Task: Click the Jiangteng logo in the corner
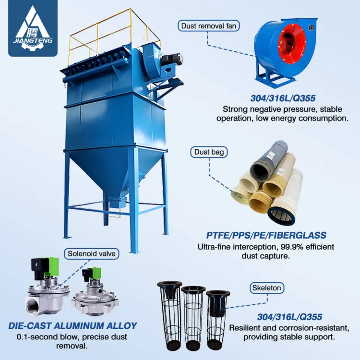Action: coord(33,28)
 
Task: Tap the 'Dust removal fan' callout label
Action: coord(209,26)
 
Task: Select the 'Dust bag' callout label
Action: coord(209,152)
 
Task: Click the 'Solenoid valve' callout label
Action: coord(91,254)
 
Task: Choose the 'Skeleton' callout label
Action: coord(266,288)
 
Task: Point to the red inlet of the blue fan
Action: coord(292,44)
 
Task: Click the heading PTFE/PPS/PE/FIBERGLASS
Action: coord(266,235)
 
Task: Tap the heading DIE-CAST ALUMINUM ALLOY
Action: coord(72,326)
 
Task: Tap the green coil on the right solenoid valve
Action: coord(96,273)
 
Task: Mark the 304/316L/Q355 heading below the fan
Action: coord(283,98)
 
